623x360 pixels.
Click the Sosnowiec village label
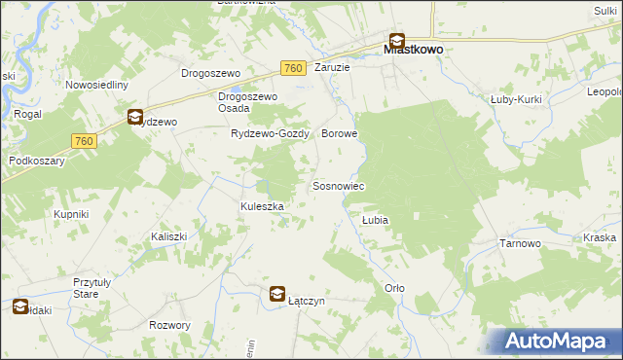(x=338, y=186)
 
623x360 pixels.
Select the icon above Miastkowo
(x=397, y=41)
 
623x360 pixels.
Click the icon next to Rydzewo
(x=134, y=118)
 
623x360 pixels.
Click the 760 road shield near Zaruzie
(x=293, y=68)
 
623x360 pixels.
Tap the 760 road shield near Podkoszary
(x=84, y=141)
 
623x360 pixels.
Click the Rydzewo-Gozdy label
(x=269, y=134)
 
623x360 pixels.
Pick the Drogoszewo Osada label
(x=248, y=102)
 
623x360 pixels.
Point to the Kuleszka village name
(x=262, y=206)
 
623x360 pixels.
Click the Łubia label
(x=376, y=221)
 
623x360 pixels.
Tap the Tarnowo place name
(x=520, y=244)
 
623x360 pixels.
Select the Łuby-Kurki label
(x=516, y=99)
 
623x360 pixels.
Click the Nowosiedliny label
(x=97, y=85)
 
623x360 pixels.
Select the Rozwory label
(x=170, y=325)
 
